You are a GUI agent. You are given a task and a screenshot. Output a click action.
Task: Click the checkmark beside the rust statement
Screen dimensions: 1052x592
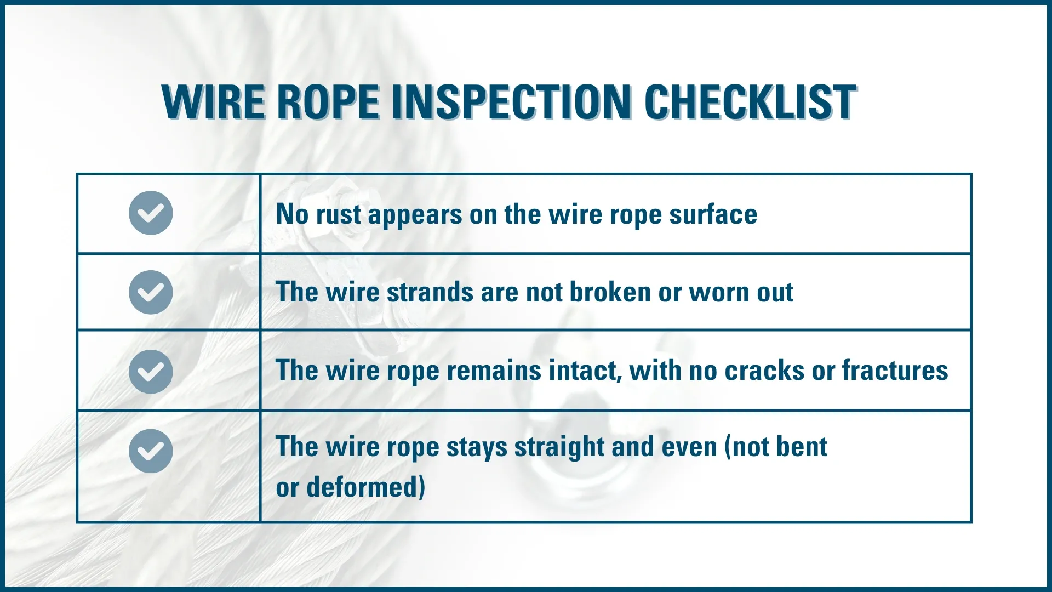tap(151, 213)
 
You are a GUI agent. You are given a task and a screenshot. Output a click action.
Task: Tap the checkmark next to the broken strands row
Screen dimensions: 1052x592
tap(151, 292)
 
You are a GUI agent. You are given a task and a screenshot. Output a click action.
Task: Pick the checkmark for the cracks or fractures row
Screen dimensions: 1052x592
tap(151, 372)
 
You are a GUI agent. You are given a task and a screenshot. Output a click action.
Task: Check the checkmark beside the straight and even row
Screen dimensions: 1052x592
tap(151, 451)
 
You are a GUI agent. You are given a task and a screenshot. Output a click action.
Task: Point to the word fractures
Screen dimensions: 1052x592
tap(895, 371)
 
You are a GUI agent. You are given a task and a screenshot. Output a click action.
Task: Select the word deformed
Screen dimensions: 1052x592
tap(365, 487)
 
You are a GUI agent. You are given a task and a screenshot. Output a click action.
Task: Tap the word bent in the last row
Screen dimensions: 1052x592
tap(803, 447)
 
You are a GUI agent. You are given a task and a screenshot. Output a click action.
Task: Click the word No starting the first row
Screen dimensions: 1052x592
tap(293, 214)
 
